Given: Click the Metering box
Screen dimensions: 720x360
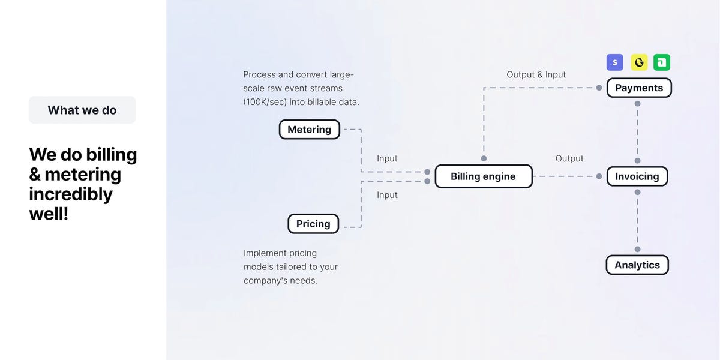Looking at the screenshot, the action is click(x=310, y=130).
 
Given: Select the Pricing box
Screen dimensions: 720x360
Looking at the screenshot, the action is click(x=313, y=224).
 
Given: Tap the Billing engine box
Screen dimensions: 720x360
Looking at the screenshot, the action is click(x=484, y=176).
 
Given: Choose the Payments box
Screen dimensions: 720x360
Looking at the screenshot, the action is click(x=639, y=88).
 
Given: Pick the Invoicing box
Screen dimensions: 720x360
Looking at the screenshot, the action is click(x=637, y=176).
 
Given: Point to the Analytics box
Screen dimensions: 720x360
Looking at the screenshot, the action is click(x=637, y=265).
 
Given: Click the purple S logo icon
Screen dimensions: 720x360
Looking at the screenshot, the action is click(x=615, y=62).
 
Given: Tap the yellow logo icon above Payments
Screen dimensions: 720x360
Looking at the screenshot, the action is click(x=639, y=62).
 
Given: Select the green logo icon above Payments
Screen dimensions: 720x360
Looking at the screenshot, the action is click(x=662, y=62).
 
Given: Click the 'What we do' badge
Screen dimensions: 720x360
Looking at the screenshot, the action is click(x=82, y=110).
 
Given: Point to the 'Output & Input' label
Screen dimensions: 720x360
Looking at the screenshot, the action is click(x=536, y=74).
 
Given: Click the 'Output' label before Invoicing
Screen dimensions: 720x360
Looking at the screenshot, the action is click(x=569, y=158).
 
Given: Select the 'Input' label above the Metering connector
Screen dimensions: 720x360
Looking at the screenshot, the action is click(x=387, y=158).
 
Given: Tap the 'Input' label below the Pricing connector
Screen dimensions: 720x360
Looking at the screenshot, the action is click(x=387, y=195).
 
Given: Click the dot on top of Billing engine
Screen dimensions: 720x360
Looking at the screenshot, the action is click(x=484, y=158).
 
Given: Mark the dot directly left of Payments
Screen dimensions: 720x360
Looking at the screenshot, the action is click(x=599, y=88).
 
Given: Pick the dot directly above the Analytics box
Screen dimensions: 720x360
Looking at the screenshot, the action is click(x=638, y=249).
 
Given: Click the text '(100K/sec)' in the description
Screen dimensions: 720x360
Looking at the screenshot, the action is click(x=265, y=102).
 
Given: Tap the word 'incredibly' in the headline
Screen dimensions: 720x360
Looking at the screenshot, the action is click(x=71, y=194).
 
